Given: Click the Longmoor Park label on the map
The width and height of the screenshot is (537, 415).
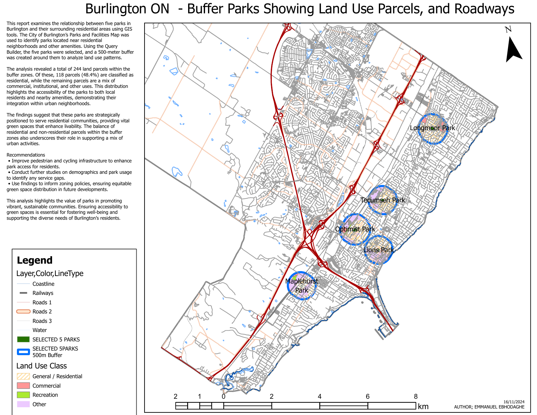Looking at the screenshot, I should pos(432,128).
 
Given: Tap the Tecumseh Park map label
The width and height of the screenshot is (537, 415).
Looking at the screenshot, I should pos(382,200).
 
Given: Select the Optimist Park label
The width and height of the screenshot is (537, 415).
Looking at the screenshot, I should pos(355,229).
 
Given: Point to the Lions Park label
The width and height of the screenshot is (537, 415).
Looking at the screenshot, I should pos(378,250).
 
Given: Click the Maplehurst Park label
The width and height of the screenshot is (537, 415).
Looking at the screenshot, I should pos(302,285).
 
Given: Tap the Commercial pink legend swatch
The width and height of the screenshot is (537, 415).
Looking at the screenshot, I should pos(23,386).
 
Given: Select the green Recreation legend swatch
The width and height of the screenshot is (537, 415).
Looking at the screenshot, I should pos(23,395).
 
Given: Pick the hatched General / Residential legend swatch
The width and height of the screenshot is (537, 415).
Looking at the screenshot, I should pos(23,376).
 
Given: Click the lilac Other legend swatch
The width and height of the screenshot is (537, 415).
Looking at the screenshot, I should pos(23,404).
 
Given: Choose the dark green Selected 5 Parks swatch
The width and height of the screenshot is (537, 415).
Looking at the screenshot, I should pos(23,339).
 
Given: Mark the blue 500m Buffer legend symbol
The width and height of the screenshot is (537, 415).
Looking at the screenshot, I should pos(23,352).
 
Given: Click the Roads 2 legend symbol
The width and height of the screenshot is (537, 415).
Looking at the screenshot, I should pos(23,311).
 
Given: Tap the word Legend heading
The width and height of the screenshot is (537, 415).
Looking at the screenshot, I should pos(34,260).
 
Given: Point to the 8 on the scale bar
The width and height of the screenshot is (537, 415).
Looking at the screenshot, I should pos(416,396).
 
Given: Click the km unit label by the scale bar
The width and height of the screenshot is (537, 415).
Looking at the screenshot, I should pos(423,407).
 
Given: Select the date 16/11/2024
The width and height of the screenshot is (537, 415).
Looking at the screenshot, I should pos(514,402).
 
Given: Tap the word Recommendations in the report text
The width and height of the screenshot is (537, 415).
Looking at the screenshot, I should pos(26,155).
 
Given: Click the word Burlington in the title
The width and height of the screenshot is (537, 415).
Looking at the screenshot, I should pos(127,9).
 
